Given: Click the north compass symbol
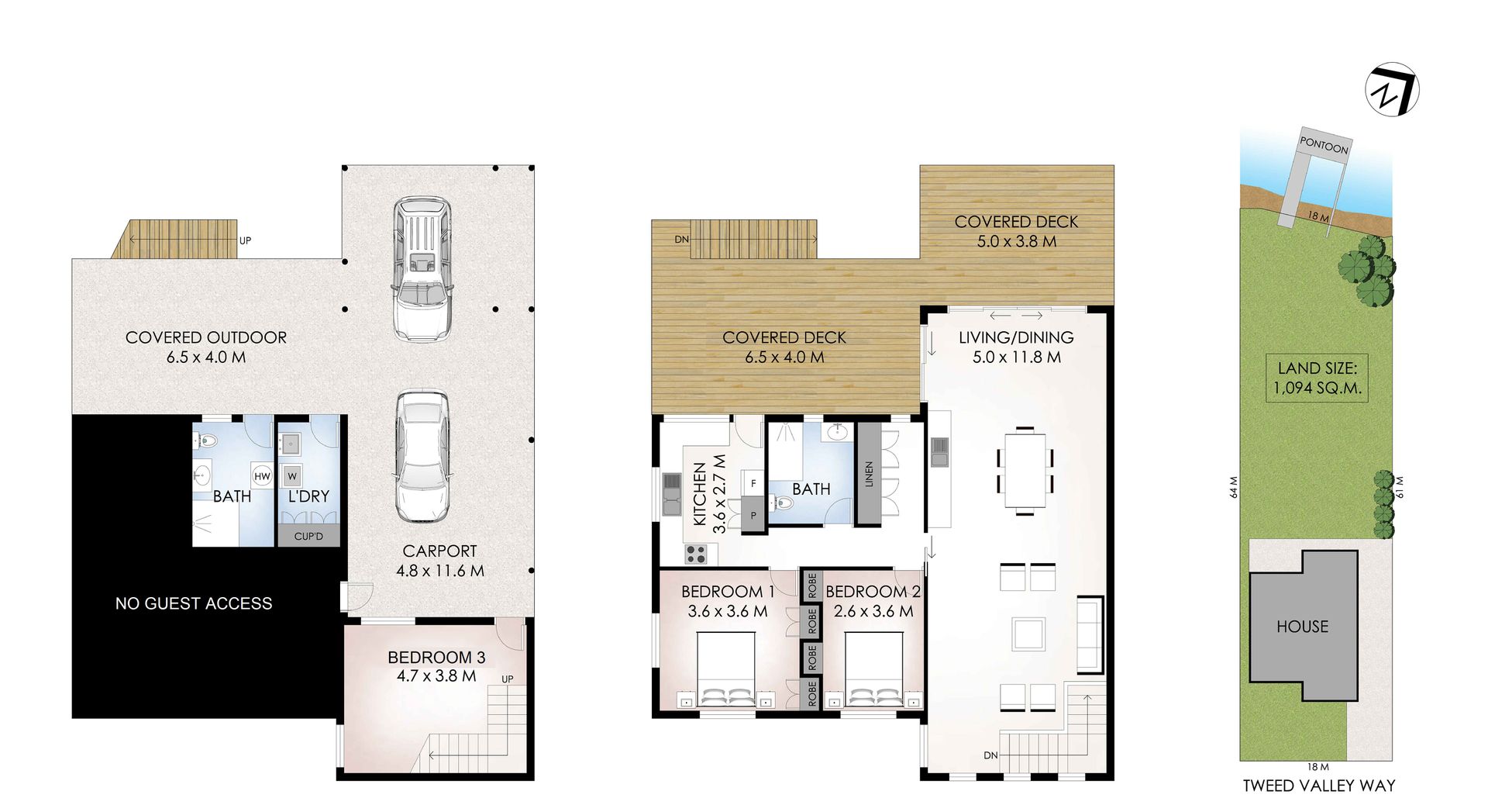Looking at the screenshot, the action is [1392, 90].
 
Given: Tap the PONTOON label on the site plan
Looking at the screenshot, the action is [1324, 144].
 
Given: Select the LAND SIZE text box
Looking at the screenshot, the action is [1317, 378].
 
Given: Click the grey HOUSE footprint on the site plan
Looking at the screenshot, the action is [1303, 625].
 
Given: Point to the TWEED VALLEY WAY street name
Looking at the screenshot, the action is [1319, 786].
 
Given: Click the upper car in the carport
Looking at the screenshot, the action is [422, 269].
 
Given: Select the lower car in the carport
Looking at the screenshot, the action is [422, 457].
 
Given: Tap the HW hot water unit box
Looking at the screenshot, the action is [262, 475].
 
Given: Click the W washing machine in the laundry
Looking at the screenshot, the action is [292, 475].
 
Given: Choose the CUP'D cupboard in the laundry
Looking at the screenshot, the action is [308, 536].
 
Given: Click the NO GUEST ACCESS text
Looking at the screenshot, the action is [194, 603].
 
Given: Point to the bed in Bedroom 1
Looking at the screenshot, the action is [727, 669].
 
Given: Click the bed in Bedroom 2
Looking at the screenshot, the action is [873, 669].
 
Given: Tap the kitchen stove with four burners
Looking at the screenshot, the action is [696, 554].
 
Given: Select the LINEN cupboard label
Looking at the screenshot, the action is [868, 474].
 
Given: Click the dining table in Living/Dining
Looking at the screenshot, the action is [1025, 470].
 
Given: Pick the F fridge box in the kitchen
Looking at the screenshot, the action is [753, 483].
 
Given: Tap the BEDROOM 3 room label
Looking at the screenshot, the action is [436, 658].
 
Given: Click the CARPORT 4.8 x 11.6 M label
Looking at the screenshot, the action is [439, 561].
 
